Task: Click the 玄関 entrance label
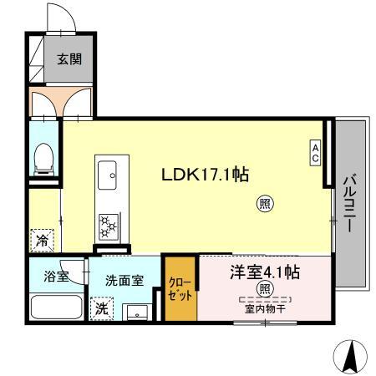click(69, 59)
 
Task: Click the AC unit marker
click(316, 152)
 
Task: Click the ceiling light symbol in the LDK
click(265, 202)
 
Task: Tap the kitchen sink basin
click(108, 175)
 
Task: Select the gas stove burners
click(109, 224)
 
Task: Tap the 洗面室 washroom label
click(123, 281)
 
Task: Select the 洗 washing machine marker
click(101, 307)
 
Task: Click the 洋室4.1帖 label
click(265, 272)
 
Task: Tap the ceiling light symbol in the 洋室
click(265, 290)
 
